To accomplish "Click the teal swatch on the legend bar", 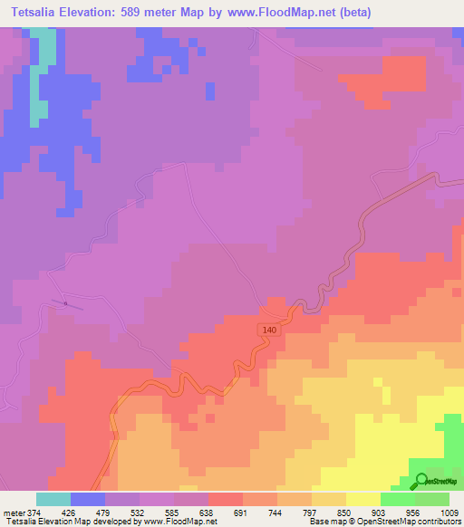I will pos(53,499).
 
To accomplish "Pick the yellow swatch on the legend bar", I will pos(362,499).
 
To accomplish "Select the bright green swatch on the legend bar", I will pos(397,499).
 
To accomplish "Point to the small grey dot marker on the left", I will pos(65,303).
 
